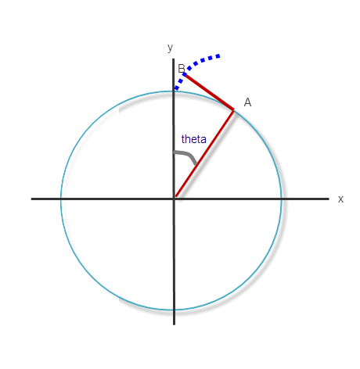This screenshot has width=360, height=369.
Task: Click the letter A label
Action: pos(247,102)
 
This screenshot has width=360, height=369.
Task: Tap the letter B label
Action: pos(181,69)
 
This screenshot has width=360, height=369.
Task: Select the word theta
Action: pos(193,139)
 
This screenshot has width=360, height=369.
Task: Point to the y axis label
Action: pos(170,48)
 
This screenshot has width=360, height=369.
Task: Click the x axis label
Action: pos(340,199)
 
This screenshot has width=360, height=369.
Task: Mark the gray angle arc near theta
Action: pos(186,156)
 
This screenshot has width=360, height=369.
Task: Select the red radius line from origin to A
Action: pos(204,153)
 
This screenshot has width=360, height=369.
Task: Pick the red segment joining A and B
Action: pos(209,91)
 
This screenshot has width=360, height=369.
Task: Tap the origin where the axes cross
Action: pos(174,199)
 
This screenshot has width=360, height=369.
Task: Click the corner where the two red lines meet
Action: pos(233,109)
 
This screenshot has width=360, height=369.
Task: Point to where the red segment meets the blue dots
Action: pos(185,74)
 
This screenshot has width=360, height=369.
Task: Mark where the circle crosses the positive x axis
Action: pos(281,199)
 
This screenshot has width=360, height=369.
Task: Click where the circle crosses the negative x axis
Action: pos(61,199)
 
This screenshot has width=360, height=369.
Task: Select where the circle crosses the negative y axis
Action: pos(174,310)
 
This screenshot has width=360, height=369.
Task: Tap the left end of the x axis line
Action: pos(32,199)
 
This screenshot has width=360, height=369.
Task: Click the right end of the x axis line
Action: pos(328,199)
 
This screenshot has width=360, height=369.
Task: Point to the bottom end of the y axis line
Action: pos(174,323)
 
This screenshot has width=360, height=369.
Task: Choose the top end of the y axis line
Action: pos(174,59)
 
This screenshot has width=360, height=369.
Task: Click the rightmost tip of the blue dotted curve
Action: pos(219,56)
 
